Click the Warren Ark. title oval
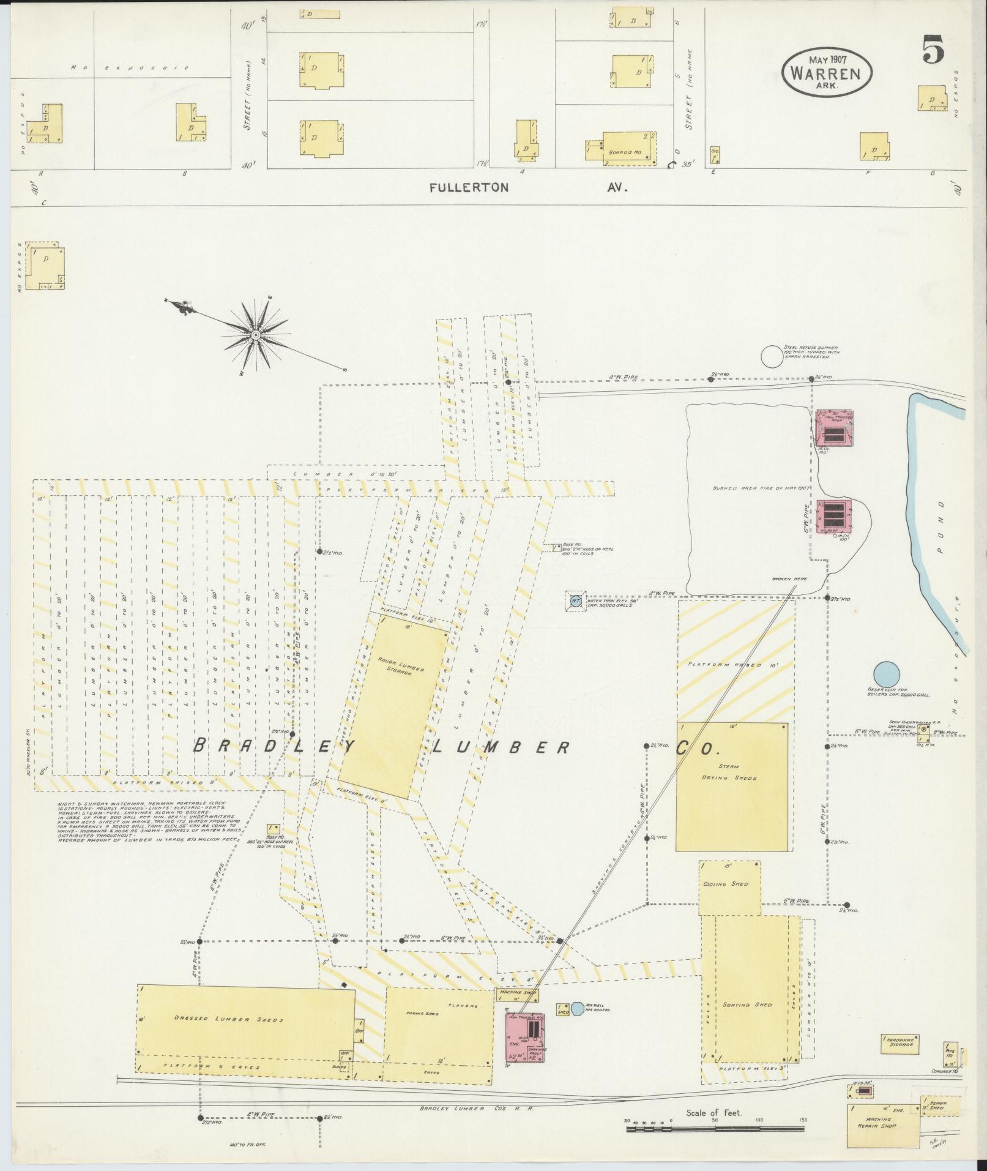click(x=827, y=72)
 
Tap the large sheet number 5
click(x=934, y=48)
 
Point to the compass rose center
click(x=255, y=335)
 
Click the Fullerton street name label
click(x=469, y=188)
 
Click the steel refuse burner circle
click(x=772, y=356)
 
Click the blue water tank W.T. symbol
click(x=575, y=600)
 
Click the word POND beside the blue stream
click(x=940, y=527)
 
